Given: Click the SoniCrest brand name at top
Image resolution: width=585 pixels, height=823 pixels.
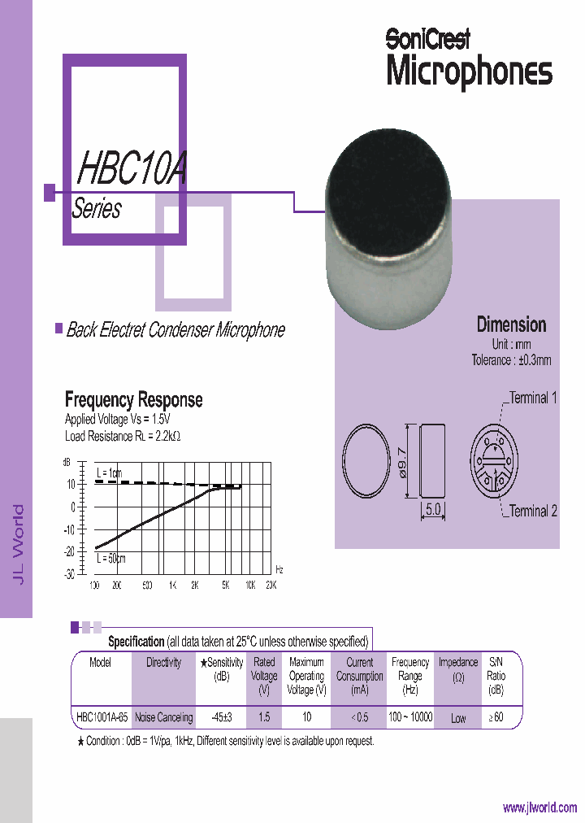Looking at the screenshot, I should tap(427, 38).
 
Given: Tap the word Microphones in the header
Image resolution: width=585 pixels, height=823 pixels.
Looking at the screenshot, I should tap(469, 72).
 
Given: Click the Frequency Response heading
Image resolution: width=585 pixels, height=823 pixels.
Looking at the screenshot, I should tap(133, 400).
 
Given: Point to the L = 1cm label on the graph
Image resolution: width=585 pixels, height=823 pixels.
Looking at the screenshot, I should tap(109, 472).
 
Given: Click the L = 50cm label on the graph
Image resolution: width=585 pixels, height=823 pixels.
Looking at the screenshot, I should tap(111, 558).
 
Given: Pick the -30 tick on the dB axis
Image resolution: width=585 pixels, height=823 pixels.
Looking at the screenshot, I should tap(69, 573).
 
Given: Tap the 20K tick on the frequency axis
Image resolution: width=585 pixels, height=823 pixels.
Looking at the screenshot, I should tap(271, 586).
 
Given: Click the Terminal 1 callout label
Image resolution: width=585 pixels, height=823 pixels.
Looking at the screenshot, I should tap(533, 398).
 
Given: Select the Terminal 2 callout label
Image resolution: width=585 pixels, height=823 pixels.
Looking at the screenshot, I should tap(533, 512).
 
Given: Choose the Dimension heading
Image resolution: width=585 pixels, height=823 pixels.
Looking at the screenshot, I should tap(511, 324).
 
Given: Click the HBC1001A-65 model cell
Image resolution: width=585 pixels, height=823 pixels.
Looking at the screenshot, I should tap(101, 717).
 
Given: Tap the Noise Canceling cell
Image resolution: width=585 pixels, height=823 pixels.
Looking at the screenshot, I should tap(163, 717).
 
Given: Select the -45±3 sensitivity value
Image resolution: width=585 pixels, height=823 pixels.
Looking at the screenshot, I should tap(221, 717).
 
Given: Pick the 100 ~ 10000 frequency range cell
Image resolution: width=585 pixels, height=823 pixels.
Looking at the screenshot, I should tap(410, 717).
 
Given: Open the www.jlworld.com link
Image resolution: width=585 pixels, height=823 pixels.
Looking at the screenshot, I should tap(539, 808).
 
